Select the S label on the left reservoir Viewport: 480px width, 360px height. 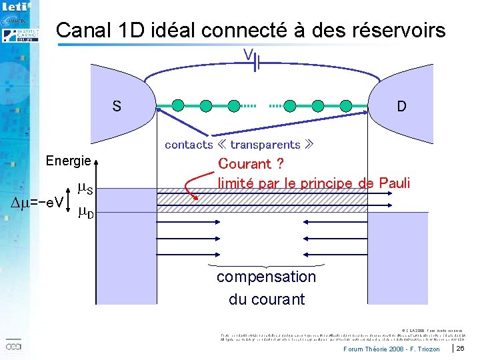(117, 107)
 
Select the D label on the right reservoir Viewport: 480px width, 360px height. (401, 107)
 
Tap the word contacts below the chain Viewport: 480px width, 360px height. (189, 145)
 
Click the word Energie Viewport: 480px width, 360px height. (68, 161)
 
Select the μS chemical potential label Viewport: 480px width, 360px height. (85, 189)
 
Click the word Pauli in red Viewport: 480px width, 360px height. (394, 183)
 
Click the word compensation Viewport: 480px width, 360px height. (266, 277)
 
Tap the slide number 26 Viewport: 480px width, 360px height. (460, 349)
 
